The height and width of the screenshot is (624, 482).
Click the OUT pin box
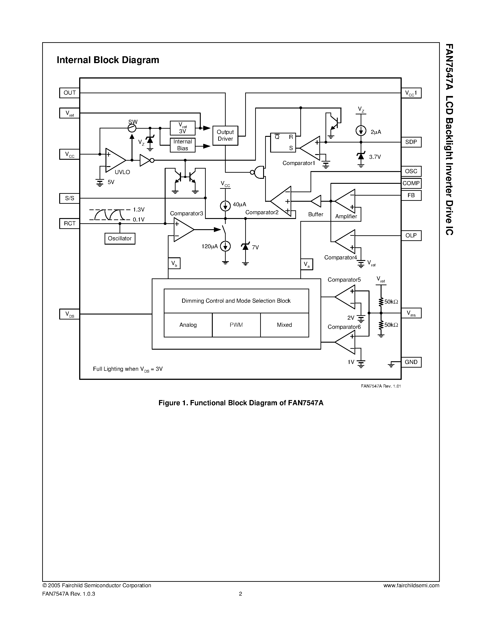tap(69, 93)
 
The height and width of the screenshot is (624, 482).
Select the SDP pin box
tap(411, 142)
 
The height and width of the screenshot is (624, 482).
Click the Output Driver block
tap(225, 135)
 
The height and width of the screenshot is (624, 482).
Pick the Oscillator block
tap(120, 238)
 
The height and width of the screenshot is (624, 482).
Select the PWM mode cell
tap(236, 325)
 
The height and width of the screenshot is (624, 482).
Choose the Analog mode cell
tap(188, 325)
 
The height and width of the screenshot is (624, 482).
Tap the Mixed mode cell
tap(284, 325)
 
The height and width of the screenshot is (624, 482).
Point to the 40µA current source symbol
tap(225, 205)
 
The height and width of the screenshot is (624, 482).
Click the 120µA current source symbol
tap(225, 246)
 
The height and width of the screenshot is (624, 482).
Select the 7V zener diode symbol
tap(245, 247)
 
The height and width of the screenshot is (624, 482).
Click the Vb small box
tap(174, 263)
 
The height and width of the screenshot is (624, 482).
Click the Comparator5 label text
tap(344, 280)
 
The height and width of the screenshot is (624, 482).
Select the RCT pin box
tap(69, 224)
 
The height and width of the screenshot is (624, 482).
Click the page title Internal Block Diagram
tap(108, 60)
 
